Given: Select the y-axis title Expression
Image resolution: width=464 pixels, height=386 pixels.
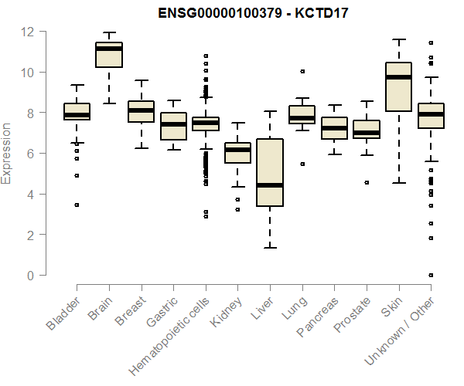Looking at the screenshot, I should (7, 153).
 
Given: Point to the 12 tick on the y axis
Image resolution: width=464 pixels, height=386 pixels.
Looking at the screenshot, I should (32, 32).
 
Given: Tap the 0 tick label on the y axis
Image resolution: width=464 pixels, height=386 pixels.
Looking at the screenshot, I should (32, 275).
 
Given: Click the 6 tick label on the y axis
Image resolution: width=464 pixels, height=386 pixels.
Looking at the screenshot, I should (32, 153).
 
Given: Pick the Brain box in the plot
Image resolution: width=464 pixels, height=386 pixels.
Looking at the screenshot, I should (109, 55).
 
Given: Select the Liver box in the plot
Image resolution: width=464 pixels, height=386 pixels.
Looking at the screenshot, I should (270, 172).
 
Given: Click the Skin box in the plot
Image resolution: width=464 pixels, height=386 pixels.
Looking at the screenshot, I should (398, 86).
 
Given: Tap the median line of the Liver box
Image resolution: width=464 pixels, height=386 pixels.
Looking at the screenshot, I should (270, 185).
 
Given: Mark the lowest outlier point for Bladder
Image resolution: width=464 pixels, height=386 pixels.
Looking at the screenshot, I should (77, 205).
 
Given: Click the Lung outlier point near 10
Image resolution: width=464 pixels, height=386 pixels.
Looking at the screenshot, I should (302, 71).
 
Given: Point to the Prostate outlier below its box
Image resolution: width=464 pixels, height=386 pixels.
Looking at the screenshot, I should (367, 182).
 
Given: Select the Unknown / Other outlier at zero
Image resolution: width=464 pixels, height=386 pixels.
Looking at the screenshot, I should (431, 275).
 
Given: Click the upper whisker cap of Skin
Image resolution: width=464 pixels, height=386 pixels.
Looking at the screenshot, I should (398, 39).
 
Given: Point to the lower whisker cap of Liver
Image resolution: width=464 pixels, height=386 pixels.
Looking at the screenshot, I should (270, 247).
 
